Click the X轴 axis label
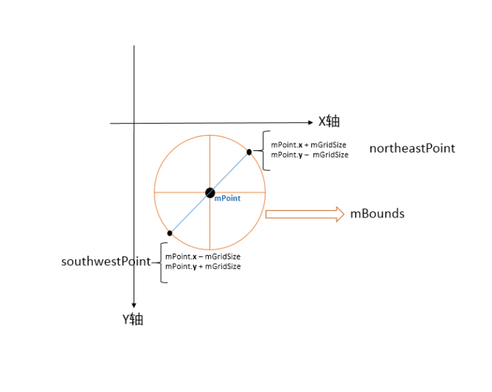[x=329, y=122]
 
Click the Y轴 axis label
[x=133, y=320]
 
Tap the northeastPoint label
[x=412, y=148]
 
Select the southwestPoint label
[x=106, y=262]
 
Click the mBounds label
[x=377, y=214]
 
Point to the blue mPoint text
[x=227, y=198]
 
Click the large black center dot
[x=210, y=193]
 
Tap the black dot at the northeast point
[x=249, y=152]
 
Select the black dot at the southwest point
[x=170, y=233]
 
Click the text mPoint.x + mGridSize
[x=309, y=145]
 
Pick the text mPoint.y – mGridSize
[x=309, y=155]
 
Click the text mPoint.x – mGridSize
[x=203, y=256]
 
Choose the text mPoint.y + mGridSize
[x=203, y=266]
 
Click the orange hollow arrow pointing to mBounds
[x=304, y=214]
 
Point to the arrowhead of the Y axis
[x=134, y=305]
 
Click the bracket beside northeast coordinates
[x=265, y=150]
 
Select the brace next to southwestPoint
[x=159, y=262]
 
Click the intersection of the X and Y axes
[x=134, y=123]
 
